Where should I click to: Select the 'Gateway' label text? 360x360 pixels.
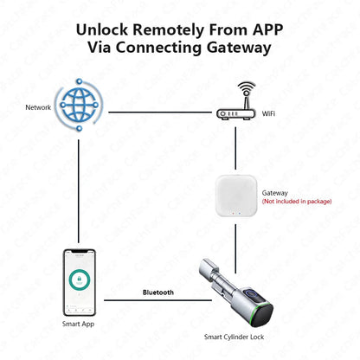[275, 193]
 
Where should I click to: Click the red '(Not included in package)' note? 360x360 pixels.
[297, 202]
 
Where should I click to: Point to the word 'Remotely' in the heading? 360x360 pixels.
[177, 29]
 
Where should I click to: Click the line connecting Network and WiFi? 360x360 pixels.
[160, 112]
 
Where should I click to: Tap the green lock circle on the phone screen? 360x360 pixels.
[79, 281]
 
